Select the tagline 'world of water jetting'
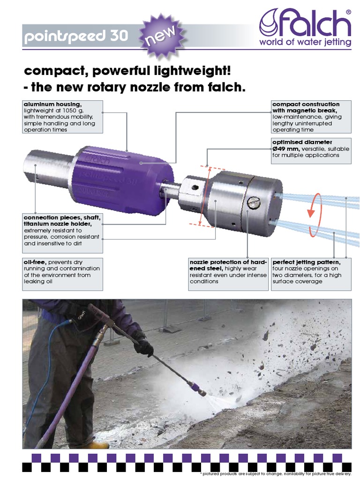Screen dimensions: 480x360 tap(306, 43)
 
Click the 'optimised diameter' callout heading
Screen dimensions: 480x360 tap(302, 142)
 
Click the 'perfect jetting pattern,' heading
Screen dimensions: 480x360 tap(307, 262)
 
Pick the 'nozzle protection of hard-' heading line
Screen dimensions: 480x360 tap(222, 262)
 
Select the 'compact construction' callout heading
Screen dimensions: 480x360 tap(306, 104)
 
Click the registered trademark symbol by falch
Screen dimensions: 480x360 tap(347, 11)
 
